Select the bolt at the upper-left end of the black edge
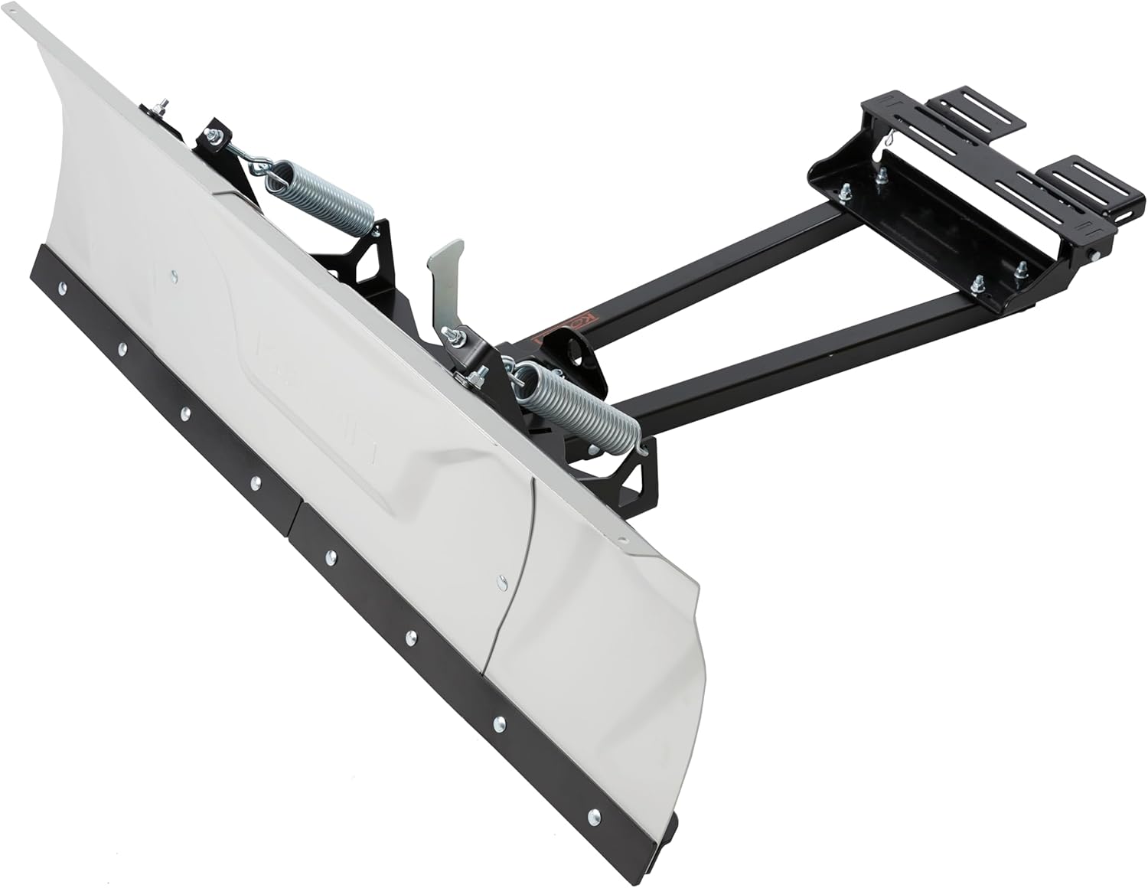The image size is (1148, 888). click(61, 288)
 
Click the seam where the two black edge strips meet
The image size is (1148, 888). click(297, 508)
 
